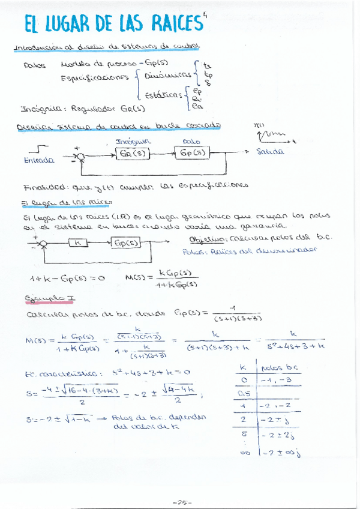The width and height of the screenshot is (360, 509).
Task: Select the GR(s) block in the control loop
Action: [132, 153]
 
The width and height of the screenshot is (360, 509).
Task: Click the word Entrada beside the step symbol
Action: [39, 160]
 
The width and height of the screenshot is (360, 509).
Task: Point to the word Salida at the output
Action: [269, 152]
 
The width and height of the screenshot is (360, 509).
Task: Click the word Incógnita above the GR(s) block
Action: [132, 142]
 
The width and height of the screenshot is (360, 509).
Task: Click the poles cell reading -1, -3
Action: [274, 379]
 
